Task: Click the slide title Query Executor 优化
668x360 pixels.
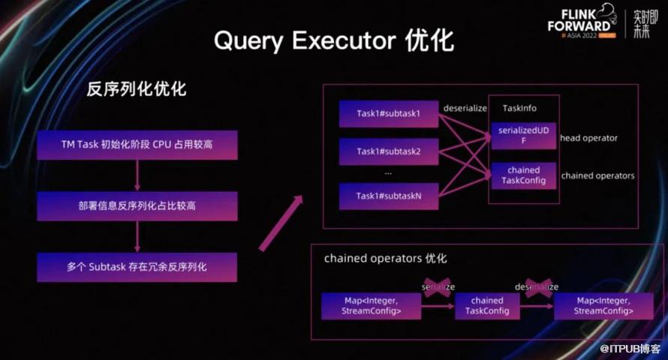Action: [334, 40]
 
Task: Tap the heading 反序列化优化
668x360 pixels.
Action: [137, 89]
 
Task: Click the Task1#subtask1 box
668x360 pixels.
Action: [388, 113]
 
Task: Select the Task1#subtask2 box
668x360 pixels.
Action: [388, 151]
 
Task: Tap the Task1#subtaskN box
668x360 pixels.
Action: [388, 196]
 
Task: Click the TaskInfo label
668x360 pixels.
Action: [519, 108]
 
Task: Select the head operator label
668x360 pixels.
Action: [588, 138]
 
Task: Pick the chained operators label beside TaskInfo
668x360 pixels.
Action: [597, 176]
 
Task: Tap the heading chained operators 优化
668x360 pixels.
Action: [385, 258]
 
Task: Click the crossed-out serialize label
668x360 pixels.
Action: [438, 287]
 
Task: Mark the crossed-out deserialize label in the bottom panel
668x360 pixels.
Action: [536, 287]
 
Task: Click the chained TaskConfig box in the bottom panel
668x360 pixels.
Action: [486, 306]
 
